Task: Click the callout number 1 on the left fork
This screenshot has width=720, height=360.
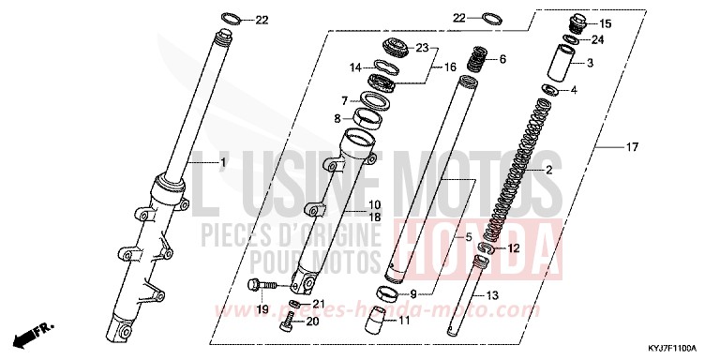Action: click(222, 163)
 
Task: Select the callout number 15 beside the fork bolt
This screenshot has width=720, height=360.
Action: click(604, 23)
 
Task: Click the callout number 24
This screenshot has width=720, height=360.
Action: click(598, 39)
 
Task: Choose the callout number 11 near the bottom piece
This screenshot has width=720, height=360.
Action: click(405, 321)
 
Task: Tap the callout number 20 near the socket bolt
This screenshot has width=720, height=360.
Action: click(313, 321)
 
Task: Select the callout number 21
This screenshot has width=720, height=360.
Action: click(317, 303)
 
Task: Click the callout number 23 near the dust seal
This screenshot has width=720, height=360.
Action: click(421, 47)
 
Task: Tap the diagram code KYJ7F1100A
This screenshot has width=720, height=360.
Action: click(681, 348)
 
